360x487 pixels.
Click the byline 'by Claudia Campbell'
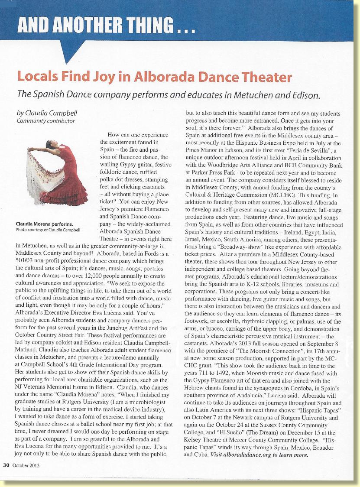coord(47,113)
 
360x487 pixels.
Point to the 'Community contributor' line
coord(45,121)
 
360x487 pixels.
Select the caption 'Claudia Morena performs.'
coord(45,224)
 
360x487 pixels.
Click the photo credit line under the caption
coord(48,230)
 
